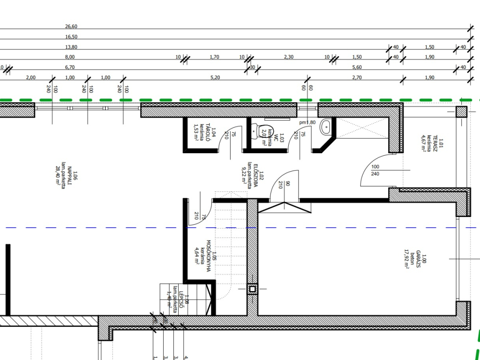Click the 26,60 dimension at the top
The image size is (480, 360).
tap(71, 26)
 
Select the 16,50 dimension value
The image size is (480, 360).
tap(71, 37)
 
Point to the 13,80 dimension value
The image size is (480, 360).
tap(71, 47)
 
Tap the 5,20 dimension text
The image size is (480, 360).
tap(215, 77)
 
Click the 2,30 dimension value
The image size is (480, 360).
tap(289, 57)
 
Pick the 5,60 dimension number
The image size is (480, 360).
tap(357, 67)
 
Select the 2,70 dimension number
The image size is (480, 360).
tap(357, 77)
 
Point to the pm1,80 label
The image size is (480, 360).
tap(308, 122)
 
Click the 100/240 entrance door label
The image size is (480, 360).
tap(375, 170)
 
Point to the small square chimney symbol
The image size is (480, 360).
tap(253, 289)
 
